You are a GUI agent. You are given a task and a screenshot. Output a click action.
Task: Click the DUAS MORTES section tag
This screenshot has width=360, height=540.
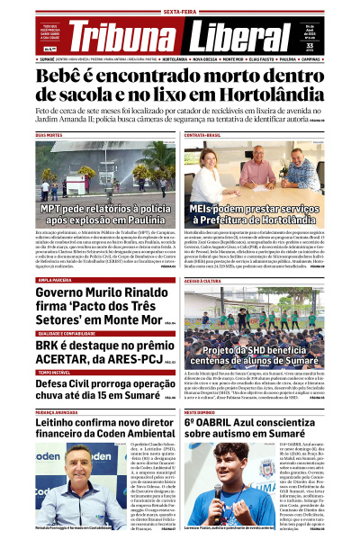tap(49, 135)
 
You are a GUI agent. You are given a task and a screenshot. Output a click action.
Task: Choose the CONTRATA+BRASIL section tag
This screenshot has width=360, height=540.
tap(203, 135)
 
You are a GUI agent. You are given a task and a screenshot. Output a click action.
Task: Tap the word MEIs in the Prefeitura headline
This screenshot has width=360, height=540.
tap(209, 208)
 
